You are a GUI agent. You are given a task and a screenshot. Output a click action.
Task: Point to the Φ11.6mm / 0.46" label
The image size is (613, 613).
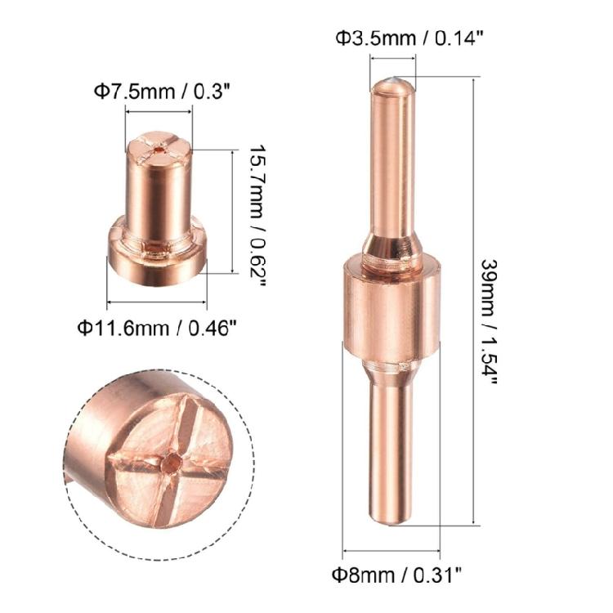pyautogui.click(x=158, y=328)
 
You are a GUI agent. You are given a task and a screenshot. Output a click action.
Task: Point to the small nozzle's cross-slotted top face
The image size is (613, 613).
pyautogui.click(x=159, y=146)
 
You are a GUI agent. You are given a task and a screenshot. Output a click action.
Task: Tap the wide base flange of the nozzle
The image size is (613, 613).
pyautogui.click(x=157, y=253)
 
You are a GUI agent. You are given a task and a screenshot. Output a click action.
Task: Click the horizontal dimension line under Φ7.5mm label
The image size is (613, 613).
pyautogui.click(x=159, y=112)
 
